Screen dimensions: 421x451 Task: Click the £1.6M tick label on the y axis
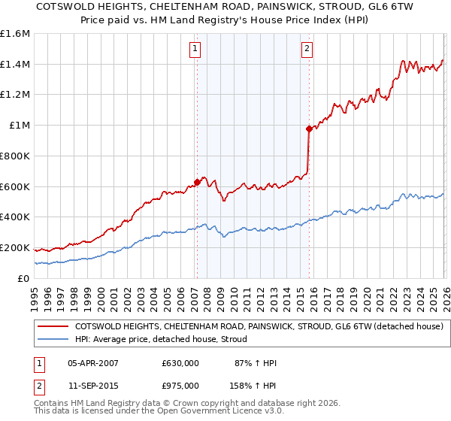click(x=15, y=34)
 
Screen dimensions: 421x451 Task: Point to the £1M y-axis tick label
click(x=20, y=126)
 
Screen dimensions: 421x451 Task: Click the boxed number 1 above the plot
click(x=195, y=50)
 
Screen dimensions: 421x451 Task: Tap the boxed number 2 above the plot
click(x=307, y=50)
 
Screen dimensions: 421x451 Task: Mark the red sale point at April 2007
click(x=197, y=181)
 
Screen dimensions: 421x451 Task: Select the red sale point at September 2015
click(x=309, y=129)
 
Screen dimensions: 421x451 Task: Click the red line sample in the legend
click(x=53, y=326)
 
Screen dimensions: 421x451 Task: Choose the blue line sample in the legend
click(x=53, y=339)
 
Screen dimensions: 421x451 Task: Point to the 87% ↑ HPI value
click(x=256, y=363)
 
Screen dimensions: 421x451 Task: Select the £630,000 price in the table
click(x=180, y=363)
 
